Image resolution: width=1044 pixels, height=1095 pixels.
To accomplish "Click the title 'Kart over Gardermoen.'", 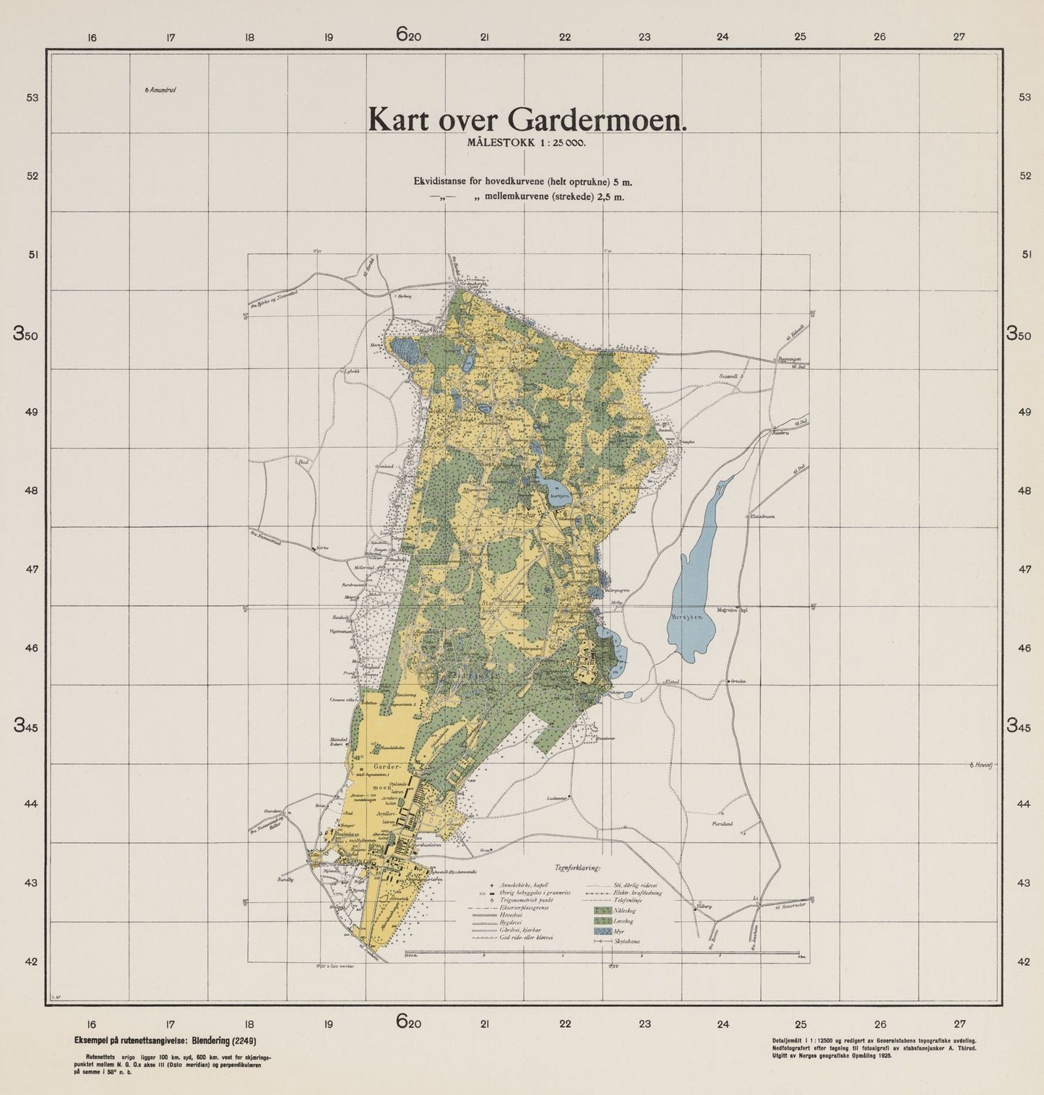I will (x=527, y=120).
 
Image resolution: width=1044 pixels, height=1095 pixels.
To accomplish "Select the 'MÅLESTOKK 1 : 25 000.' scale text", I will (x=526, y=143).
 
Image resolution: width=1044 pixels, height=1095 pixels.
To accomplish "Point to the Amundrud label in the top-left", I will (x=163, y=90).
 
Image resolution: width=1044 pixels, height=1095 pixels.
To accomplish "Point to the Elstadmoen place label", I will (x=760, y=516).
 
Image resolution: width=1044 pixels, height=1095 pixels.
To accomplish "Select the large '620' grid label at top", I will (x=408, y=34).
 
